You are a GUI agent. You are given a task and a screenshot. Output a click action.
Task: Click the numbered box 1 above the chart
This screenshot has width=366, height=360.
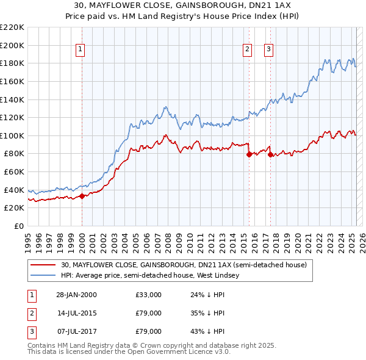point(81,50)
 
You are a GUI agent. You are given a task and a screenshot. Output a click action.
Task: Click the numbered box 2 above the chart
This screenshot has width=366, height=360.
point(248,50)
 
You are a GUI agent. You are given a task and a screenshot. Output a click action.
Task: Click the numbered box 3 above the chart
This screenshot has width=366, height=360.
point(269,50)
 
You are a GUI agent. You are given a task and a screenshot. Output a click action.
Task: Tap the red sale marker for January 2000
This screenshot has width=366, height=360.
point(82,196)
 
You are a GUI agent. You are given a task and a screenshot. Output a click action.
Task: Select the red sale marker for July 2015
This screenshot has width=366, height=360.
point(249,154)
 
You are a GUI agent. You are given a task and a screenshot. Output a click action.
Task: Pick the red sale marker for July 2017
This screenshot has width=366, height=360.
point(270,154)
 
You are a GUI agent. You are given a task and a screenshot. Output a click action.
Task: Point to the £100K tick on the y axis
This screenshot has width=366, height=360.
point(12,135)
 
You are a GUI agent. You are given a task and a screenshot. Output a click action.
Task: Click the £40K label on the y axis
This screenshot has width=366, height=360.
point(15,190)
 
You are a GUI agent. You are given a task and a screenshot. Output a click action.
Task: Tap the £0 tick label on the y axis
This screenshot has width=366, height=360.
point(20,226)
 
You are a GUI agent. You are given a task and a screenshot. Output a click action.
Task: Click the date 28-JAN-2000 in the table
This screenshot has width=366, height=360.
point(76,295)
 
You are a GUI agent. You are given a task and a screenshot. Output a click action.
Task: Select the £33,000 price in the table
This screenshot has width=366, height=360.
point(148,295)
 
